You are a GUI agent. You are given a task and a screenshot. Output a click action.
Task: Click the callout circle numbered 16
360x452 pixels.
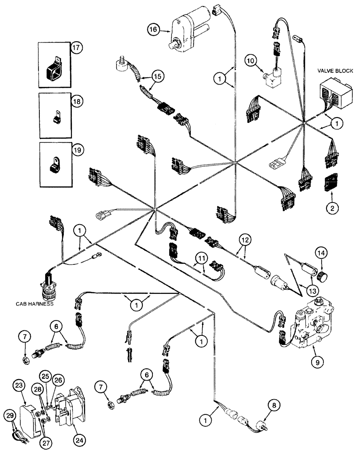pyautogui.click(x=153, y=31)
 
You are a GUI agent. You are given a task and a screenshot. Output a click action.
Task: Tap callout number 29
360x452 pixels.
pyautogui.click(x=10, y=415)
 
